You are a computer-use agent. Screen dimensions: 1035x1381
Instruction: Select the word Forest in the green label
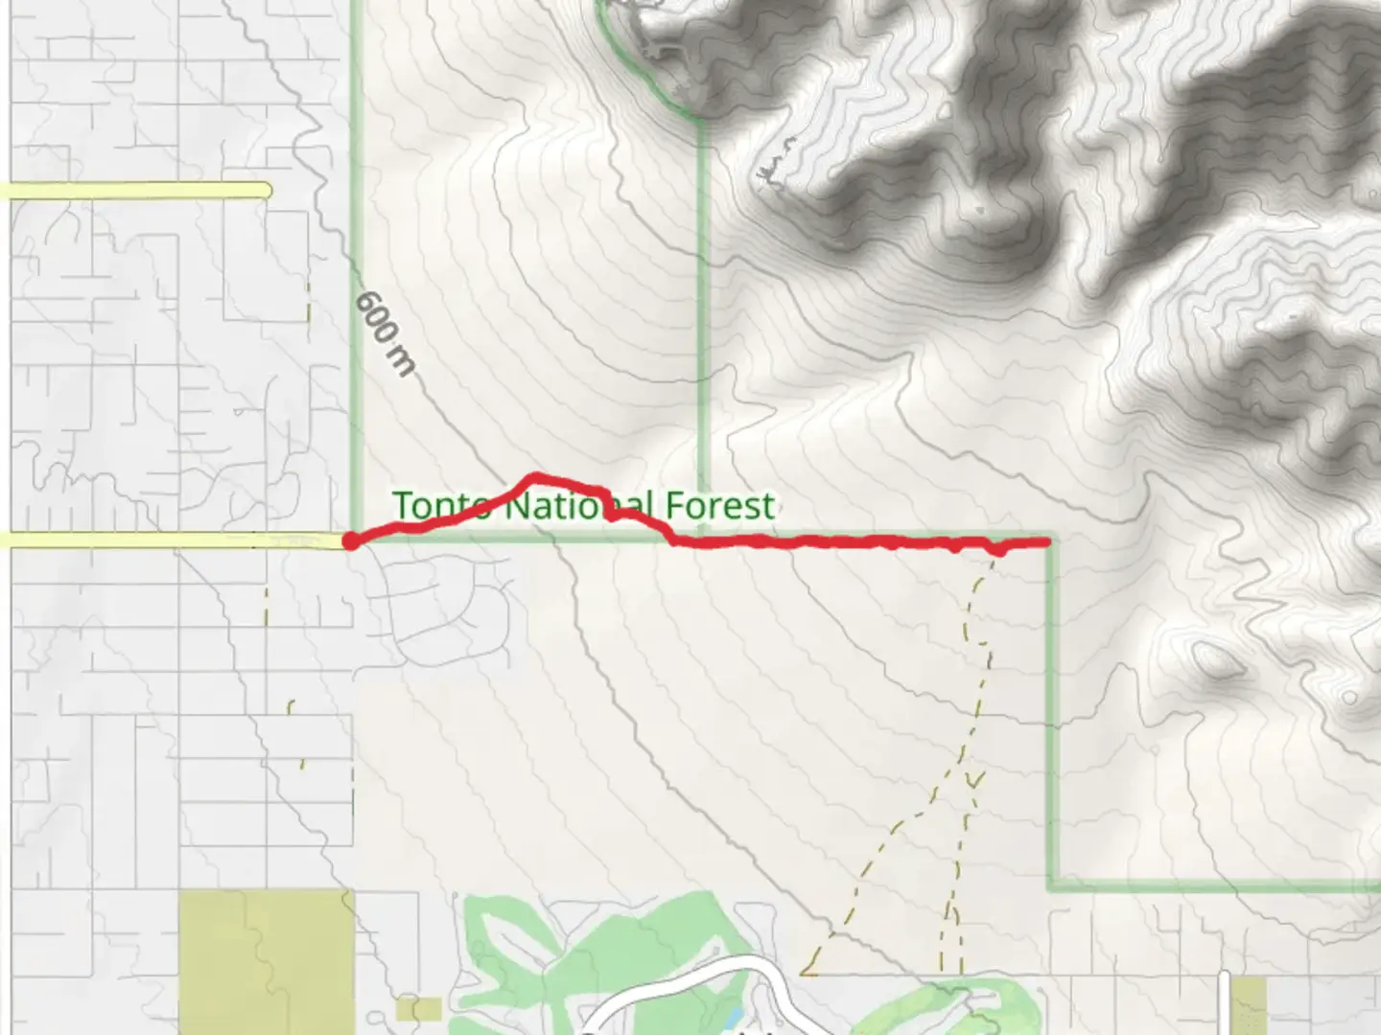tap(720, 505)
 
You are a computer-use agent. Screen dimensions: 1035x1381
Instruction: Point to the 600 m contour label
tap(386, 333)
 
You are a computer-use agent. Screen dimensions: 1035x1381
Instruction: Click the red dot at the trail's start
tap(352, 541)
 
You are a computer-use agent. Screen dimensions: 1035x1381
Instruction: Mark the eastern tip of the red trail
tap(1047, 542)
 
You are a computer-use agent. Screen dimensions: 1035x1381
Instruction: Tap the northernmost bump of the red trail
tap(535, 476)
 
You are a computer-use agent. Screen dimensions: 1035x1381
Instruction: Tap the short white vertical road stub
tap(1225, 1002)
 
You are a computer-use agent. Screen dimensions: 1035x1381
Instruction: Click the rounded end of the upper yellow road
tap(266, 191)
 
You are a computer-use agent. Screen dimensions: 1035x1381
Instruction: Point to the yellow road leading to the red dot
tap(173, 541)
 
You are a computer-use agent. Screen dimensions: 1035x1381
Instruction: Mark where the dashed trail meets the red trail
tap(995, 551)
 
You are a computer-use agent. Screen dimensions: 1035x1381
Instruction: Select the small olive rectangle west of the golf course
tap(418, 1008)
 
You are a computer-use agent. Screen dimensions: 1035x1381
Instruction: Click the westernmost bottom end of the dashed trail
tap(804, 973)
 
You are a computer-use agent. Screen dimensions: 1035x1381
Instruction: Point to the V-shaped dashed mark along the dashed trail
tap(974, 779)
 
